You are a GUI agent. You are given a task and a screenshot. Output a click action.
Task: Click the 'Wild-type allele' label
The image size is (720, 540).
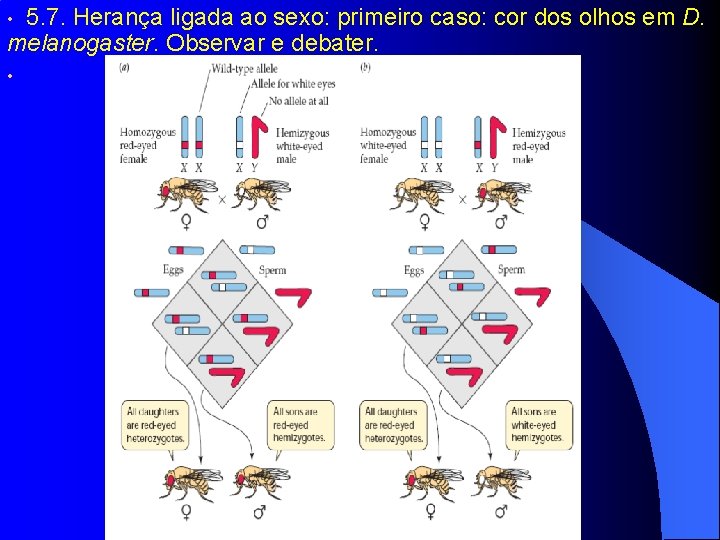246,70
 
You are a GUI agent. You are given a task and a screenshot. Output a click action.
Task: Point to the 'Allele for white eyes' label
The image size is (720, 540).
292,86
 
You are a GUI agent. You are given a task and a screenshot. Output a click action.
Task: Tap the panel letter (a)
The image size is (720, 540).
124,67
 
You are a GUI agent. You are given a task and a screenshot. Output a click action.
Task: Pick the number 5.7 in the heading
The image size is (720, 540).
43,17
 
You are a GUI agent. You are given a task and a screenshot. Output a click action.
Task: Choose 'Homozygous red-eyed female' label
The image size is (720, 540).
148,145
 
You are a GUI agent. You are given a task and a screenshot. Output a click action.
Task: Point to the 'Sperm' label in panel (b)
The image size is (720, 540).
510,270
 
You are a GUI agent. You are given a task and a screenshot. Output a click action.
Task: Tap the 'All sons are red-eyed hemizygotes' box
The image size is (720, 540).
300,425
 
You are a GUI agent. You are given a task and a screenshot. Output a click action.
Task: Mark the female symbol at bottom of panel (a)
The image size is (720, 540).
187,511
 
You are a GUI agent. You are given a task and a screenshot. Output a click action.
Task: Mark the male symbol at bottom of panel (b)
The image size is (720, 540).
499,511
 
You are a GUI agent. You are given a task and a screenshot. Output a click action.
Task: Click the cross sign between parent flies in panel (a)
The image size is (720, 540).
222,199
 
